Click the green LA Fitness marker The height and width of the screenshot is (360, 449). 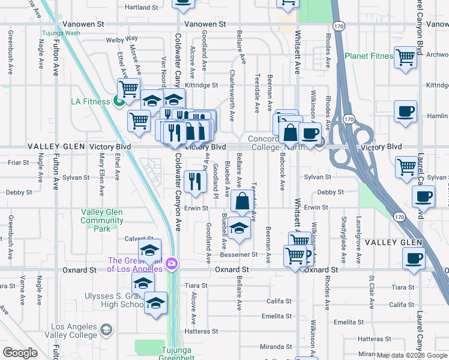(x=118, y=101)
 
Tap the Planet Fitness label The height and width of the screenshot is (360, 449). (x=369, y=56)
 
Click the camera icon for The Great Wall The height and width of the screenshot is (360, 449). (x=172, y=263)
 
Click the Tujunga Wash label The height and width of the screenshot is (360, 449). (x=61, y=33)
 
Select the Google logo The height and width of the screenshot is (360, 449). (x=20, y=353)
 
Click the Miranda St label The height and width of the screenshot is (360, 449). (x=276, y=347)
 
